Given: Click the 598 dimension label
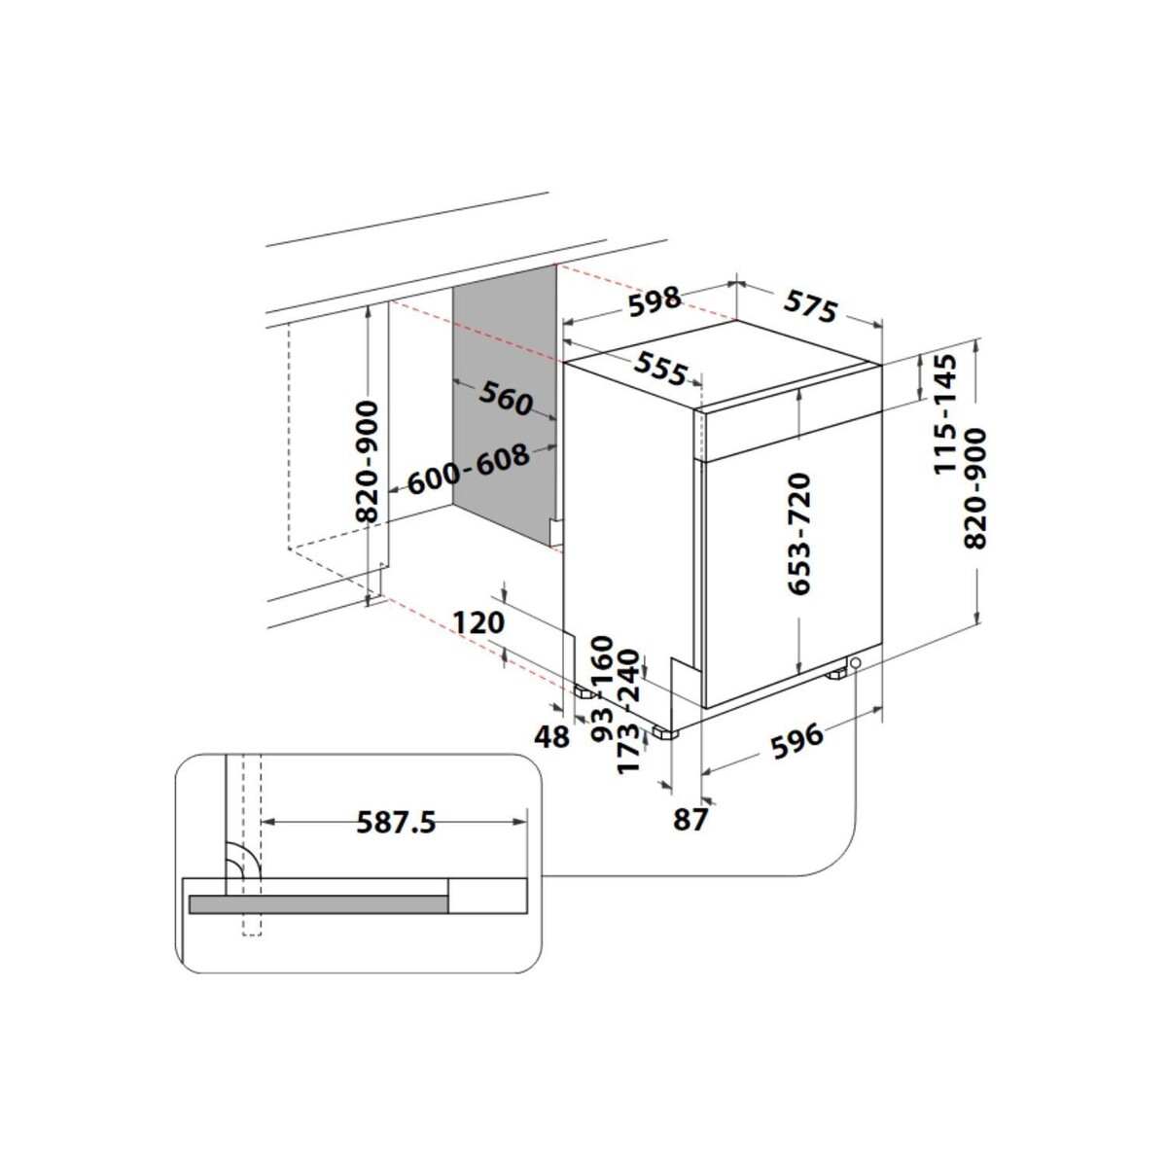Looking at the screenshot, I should (654, 301).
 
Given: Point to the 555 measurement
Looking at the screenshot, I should (661, 368).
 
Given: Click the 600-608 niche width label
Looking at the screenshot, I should (469, 470).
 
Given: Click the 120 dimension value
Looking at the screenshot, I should (478, 622).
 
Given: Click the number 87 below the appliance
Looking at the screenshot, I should (690, 821).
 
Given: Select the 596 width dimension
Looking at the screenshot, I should (796, 741).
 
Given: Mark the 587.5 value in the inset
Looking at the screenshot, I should (395, 824).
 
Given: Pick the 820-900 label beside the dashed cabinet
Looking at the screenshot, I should (368, 462).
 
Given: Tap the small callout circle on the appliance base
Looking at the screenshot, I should (854, 663).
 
